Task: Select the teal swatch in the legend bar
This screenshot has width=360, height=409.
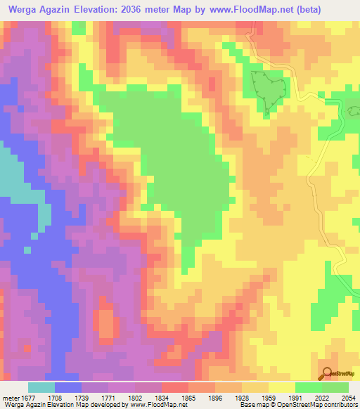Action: pyautogui.click(x=41, y=387)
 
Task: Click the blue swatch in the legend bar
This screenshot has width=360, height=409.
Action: pyautogui.click(x=68, y=387)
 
